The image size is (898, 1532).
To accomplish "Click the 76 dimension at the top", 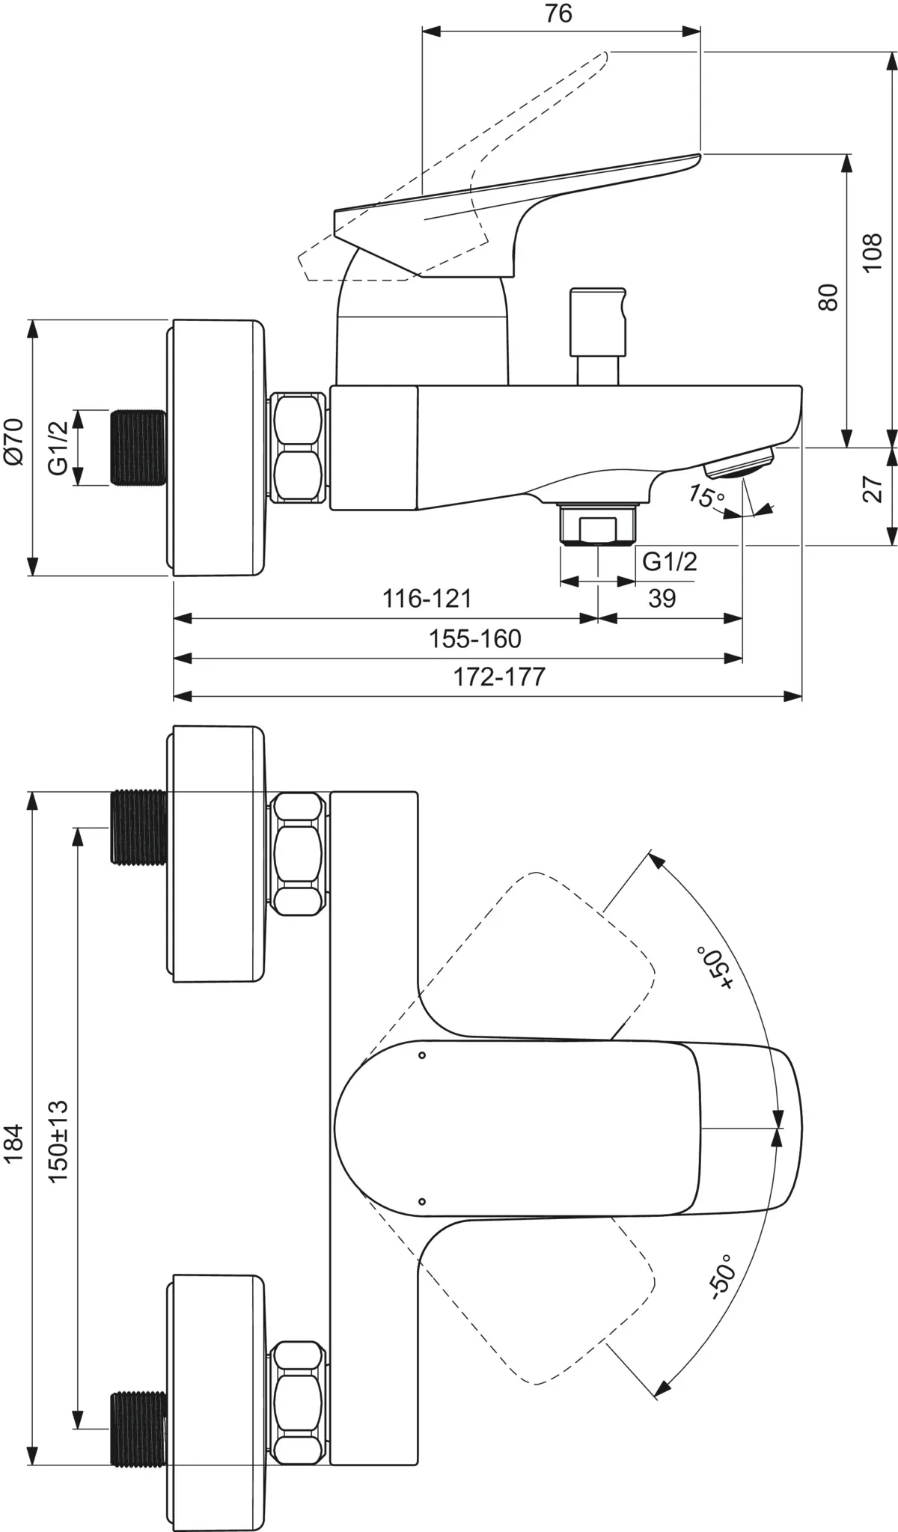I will (x=558, y=13).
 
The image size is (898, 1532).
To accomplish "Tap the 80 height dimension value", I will (x=828, y=296).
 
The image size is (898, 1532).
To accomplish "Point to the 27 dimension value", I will (x=873, y=488).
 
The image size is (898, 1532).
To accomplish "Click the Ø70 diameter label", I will (x=14, y=442).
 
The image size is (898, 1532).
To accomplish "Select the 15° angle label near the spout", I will (x=705, y=497).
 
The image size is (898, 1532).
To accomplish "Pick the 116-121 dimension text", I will (x=427, y=598).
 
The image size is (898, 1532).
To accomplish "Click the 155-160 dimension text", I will (x=474, y=638).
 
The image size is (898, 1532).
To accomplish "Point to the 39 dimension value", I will (x=662, y=598).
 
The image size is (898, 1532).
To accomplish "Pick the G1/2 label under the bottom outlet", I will (x=670, y=561).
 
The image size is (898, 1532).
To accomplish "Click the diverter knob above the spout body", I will (x=596, y=322).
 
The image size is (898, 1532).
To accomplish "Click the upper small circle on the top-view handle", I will (x=422, y=1055).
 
